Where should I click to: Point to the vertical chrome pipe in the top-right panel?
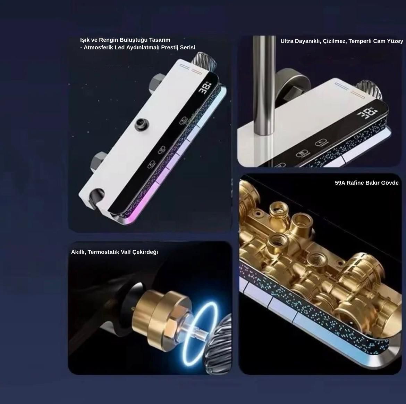(264, 86)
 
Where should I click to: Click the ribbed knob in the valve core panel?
(220, 345)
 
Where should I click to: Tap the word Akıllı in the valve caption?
(78, 252)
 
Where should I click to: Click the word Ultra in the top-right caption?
(287, 41)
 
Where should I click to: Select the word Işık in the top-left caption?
(85, 40)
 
